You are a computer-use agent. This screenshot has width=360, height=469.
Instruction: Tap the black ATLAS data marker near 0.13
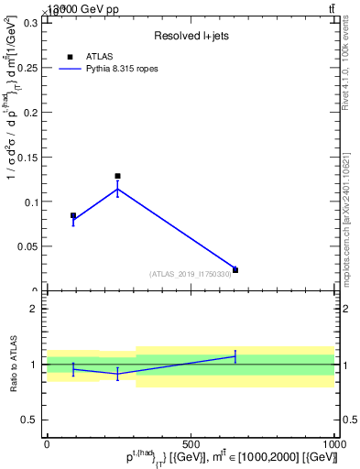pyautogui.click(x=117, y=176)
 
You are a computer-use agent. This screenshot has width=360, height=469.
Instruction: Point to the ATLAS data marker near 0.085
pyautogui.click(x=73, y=215)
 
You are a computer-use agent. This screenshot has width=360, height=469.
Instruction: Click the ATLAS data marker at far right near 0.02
pyautogui.click(x=235, y=270)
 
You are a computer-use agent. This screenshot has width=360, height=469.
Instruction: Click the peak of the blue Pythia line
pyautogui.click(x=117, y=190)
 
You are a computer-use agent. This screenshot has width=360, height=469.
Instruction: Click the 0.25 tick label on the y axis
pyautogui.click(x=26, y=68)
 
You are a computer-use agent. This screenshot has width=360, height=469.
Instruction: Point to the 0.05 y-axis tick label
pyautogui.click(x=26, y=246)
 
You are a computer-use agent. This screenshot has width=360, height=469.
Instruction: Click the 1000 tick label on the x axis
pyautogui.click(x=334, y=442)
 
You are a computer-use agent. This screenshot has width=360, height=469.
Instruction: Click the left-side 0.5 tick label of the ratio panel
pyautogui.click(x=28, y=420)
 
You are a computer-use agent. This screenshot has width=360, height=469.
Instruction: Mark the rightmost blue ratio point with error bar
pyautogui.click(x=235, y=356)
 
